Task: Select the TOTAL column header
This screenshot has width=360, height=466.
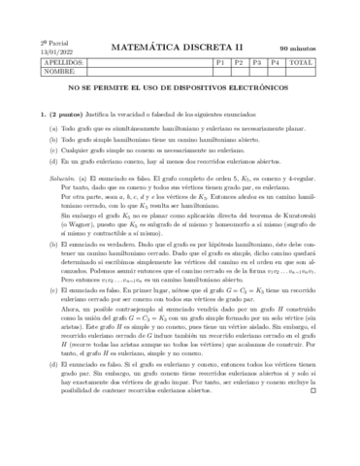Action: (303, 61)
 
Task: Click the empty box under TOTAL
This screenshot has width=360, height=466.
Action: (303, 71)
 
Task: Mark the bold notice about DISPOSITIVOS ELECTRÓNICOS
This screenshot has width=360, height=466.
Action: (180, 87)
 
